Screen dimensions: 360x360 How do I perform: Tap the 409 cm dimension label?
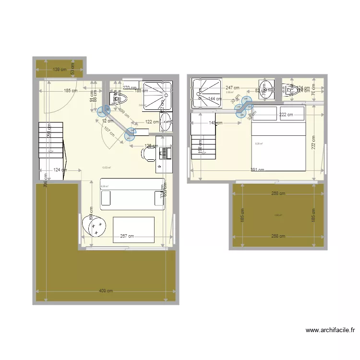pos(106,291)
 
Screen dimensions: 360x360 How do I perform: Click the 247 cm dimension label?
pos(233,88)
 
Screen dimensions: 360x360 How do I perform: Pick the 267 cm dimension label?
pos(127,236)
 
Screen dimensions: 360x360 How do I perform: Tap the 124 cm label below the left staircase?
pos(60,169)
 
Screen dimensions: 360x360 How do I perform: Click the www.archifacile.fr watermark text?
pos(330,330)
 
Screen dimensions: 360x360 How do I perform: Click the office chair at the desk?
pos(148,154)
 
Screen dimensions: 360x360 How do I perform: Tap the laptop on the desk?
pos(166,153)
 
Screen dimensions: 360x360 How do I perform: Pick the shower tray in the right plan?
pos(207,94)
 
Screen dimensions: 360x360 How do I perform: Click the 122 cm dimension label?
pos(152,122)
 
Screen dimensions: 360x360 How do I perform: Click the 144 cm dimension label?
pos(215,99)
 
